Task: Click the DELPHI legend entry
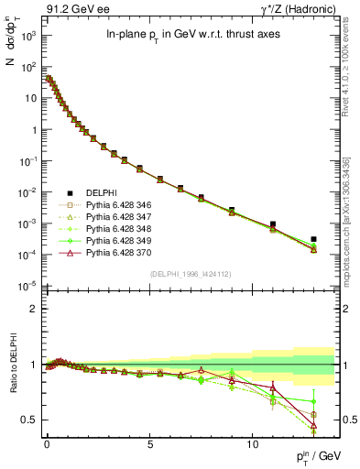click(x=100, y=193)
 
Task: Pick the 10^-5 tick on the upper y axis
click(x=27, y=287)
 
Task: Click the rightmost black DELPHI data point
click(x=314, y=239)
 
